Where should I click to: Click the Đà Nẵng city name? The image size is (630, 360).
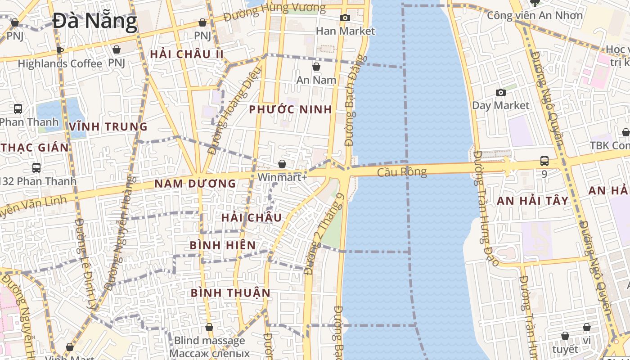point(94,21)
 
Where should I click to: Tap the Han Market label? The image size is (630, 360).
point(345,31)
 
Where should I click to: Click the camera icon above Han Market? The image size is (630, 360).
point(345,18)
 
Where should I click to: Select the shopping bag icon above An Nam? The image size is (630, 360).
point(316,67)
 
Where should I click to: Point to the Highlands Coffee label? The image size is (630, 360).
point(60,64)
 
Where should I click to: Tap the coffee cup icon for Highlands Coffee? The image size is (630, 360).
point(60,50)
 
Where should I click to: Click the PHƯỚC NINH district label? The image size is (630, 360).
point(291,109)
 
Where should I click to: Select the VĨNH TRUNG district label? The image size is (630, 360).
point(108,127)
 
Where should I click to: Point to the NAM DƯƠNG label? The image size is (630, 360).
point(195,184)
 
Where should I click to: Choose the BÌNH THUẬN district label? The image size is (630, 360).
point(231,293)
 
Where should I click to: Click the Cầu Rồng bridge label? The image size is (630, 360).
point(401,172)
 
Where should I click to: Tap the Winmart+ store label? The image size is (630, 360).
point(282,177)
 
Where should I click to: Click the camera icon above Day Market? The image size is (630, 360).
point(500,93)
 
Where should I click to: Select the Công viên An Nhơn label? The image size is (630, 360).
point(535,16)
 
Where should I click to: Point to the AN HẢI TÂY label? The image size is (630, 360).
point(533,201)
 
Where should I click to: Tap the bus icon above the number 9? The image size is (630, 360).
point(544,161)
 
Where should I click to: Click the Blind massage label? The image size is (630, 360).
point(209,341)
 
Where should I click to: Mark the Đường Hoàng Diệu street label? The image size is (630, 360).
point(234,111)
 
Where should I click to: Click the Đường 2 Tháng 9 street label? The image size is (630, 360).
point(324,234)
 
